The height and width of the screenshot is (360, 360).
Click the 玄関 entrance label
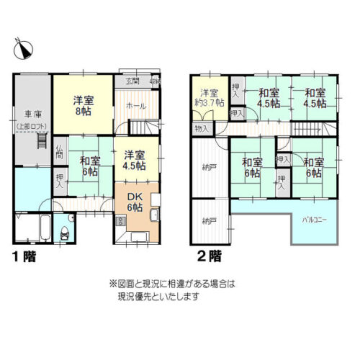(x=133, y=81)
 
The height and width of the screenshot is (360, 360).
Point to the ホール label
(x=135, y=107)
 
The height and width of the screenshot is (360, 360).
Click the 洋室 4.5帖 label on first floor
(x=133, y=159)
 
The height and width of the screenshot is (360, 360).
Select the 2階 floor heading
(x=209, y=255)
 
